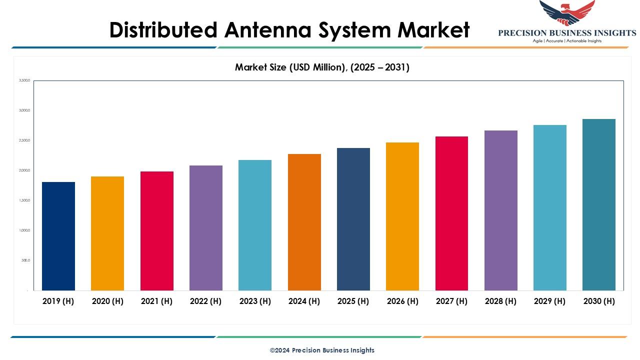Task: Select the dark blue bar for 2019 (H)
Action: point(58,236)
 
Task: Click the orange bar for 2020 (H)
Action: point(107,233)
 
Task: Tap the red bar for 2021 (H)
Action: point(157,231)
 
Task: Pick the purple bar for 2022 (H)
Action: point(206,228)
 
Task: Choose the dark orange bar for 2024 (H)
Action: point(304,222)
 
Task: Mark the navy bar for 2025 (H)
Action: point(353,219)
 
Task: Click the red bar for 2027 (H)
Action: point(451,213)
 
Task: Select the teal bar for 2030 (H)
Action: point(599,204)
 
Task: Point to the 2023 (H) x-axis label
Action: point(255,301)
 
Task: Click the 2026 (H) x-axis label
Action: point(402,301)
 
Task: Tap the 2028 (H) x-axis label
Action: point(501,301)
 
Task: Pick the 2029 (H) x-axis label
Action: point(550,301)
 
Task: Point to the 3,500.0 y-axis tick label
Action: point(24,80)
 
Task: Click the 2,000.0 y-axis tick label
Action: point(24,170)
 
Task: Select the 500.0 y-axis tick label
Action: point(25,260)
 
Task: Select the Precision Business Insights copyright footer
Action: point(322,350)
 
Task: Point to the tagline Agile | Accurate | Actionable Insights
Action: point(567,41)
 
